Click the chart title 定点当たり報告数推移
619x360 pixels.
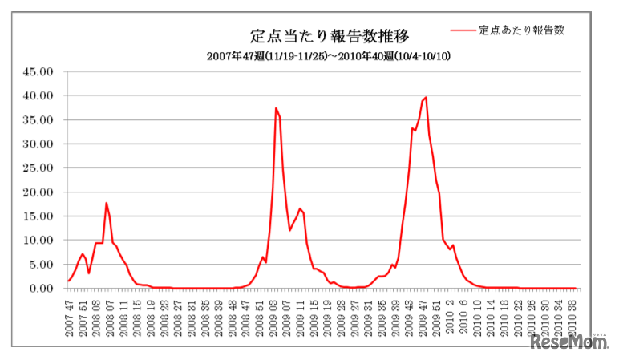pos(330,36)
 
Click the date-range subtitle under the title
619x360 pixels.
pos(330,56)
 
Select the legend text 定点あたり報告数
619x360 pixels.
pos(522,30)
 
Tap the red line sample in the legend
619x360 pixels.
pos(463,30)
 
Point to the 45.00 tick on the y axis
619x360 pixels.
pos(39,71)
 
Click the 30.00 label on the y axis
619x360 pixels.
pos(39,144)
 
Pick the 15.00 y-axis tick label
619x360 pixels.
pos(39,216)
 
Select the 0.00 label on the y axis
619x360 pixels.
pos(42,289)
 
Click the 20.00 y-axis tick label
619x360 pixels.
pos(39,192)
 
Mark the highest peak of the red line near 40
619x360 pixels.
pos(425,98)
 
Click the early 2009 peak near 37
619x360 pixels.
pos(276,108)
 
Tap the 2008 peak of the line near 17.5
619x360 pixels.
pos(106,203)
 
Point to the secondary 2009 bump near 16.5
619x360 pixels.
pos(300,208)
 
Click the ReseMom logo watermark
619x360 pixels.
pos(569,342)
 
